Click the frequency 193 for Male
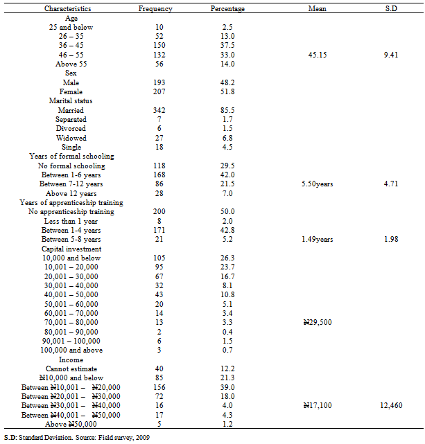[x=160, y=83]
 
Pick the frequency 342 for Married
[x=160, y=111]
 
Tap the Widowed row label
[x=71, y=139]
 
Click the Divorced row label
[x=71, y=129]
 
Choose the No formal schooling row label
[x=71, y=166]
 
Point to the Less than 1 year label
[x=71, y=222]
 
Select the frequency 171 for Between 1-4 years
[x=160, y=231]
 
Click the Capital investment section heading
[x=71, y=249]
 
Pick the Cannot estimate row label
[x=71, y=369]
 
